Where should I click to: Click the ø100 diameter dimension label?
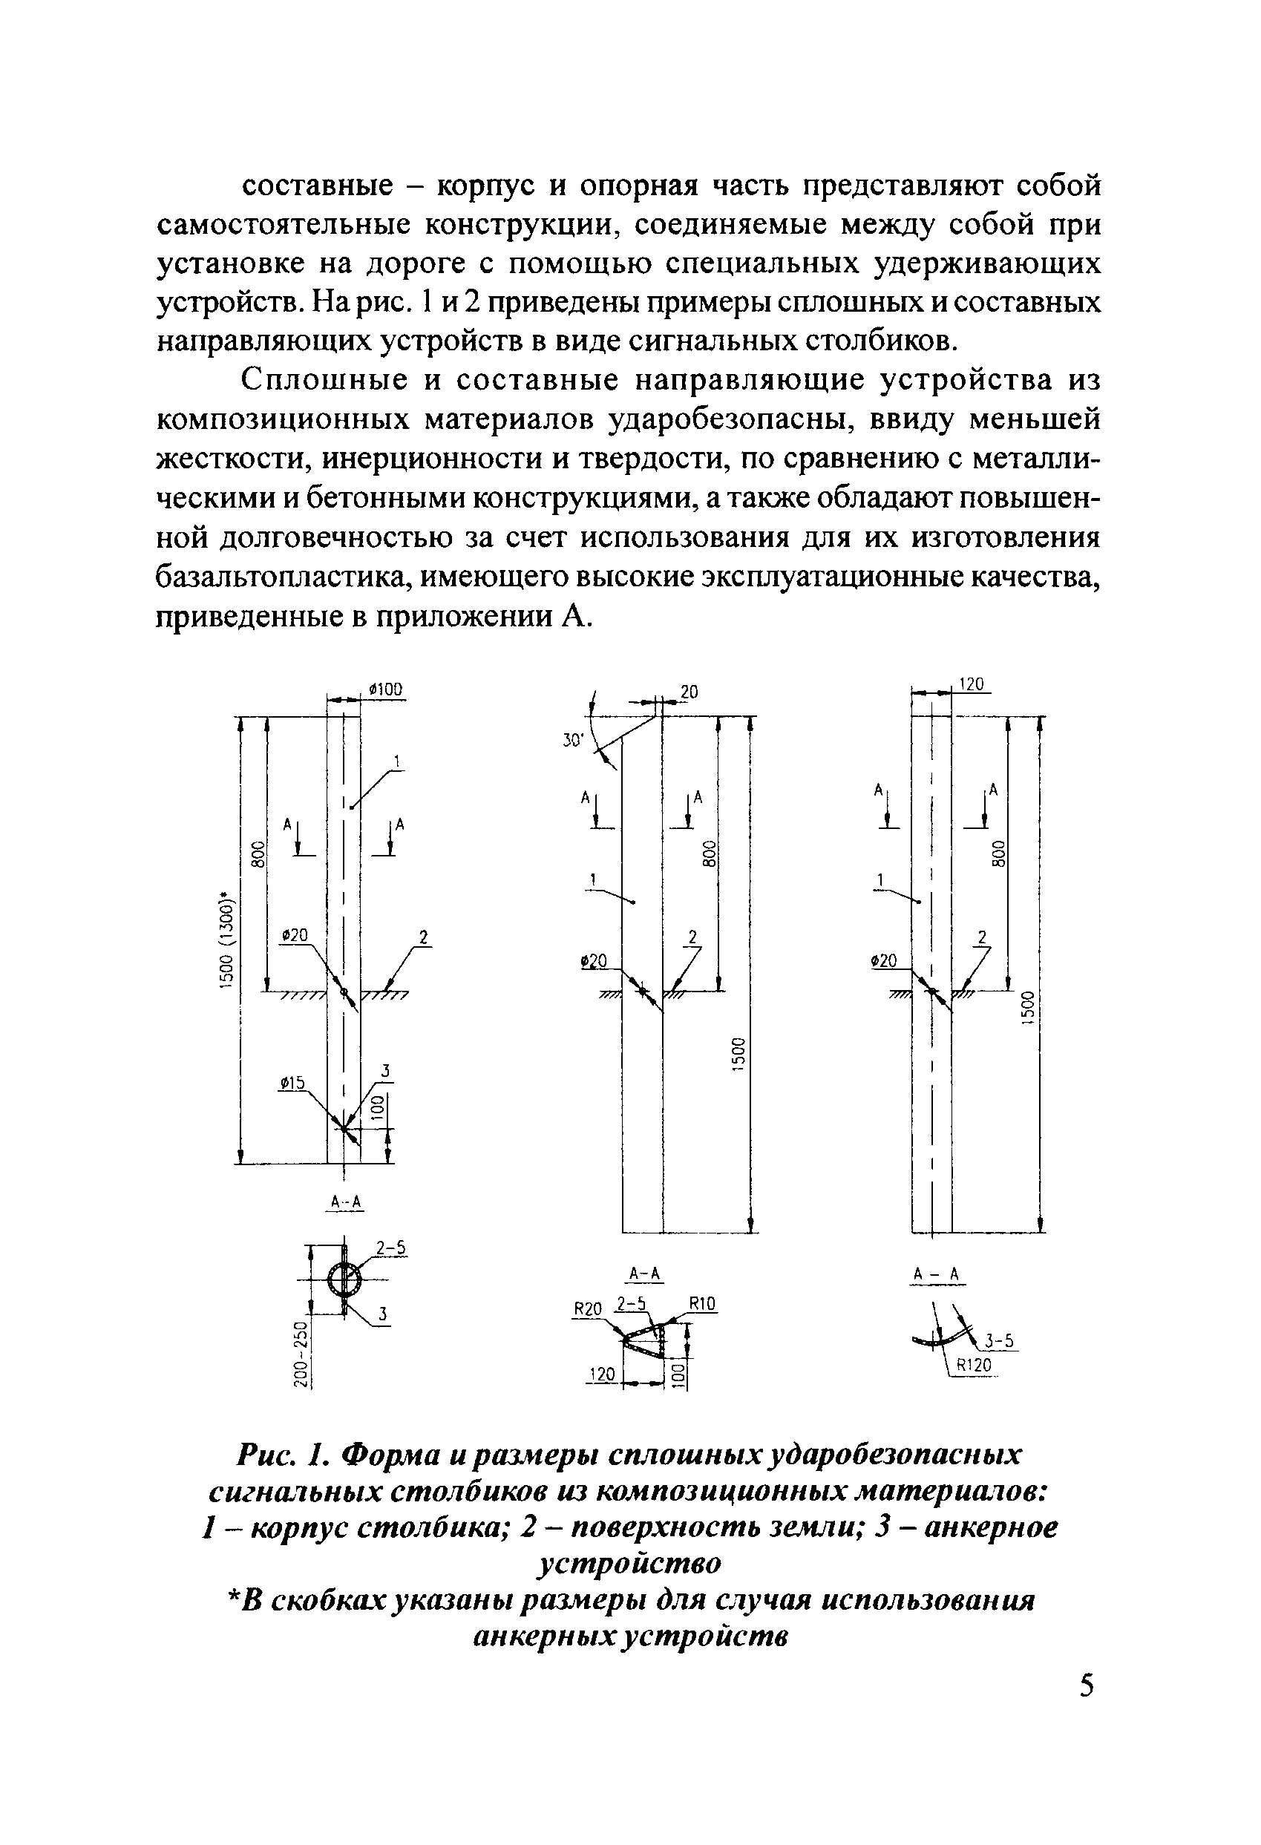[x=386, y=689]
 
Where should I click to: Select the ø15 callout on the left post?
[x=292, y=1083]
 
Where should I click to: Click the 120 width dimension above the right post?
[x=972, y=684]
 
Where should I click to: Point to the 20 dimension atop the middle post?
[x=689, y=692]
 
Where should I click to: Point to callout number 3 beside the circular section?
[x=382, y=1314]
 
